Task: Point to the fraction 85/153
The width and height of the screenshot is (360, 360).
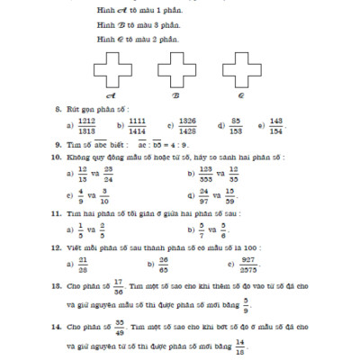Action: click(x=235, y=125)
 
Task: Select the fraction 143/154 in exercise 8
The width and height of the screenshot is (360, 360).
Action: click(x=276, y=125)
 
